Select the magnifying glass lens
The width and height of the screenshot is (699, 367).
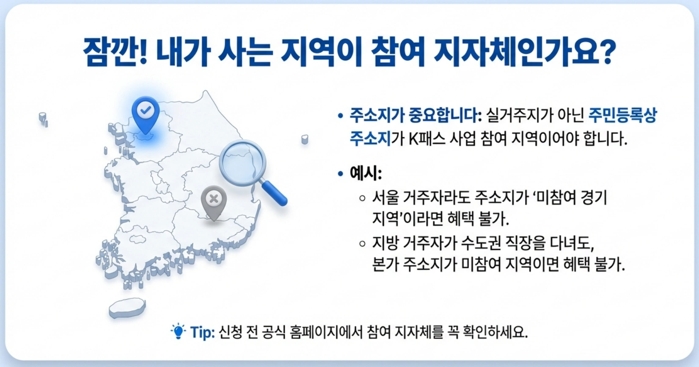click(x=242, y=162)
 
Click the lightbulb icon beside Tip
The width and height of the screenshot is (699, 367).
click(x=179, y=331)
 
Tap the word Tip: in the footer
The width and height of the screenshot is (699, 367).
click(x=203, y=332)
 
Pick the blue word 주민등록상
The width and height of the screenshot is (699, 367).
click(x=622, y=115)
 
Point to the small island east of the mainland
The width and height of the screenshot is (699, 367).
click(x=305, y=139)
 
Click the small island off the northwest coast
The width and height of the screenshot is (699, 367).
click(x=43, y=118)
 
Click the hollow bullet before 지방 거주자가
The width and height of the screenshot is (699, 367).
click(x=362, y=243)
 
